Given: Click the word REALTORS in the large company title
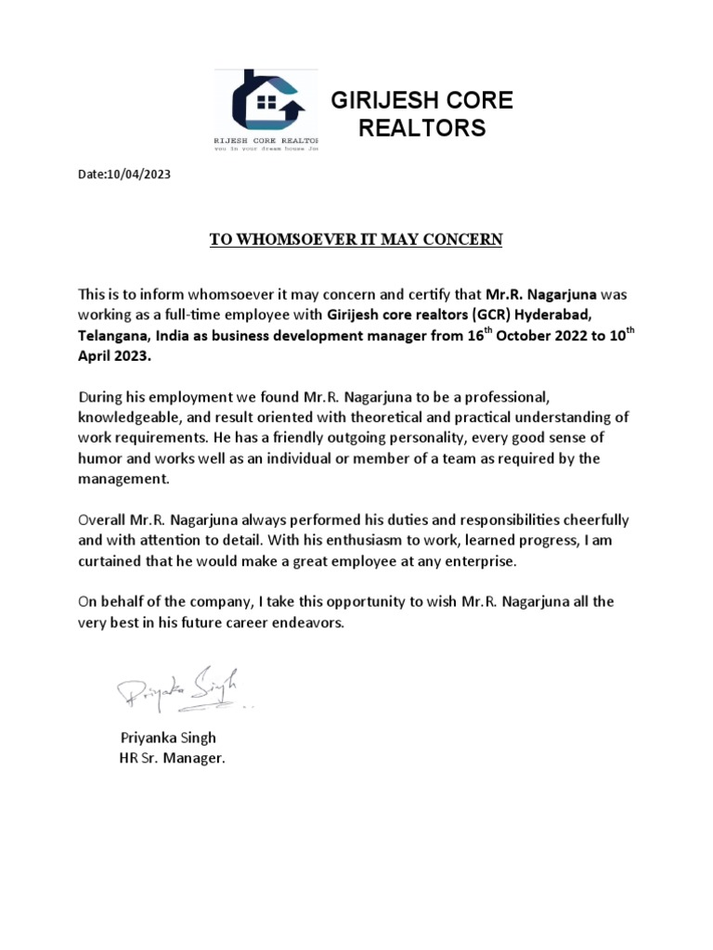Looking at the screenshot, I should (421, 128).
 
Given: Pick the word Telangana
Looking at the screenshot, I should (113, 335).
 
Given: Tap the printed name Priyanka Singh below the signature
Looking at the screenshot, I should (167, 738).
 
